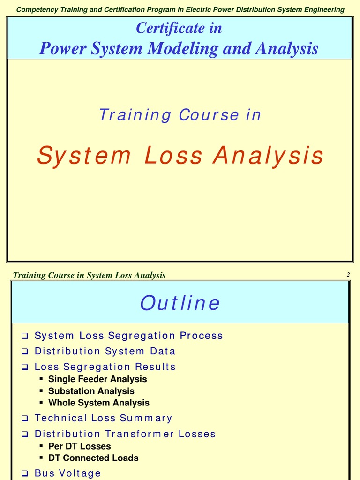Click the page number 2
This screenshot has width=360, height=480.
[348, 275]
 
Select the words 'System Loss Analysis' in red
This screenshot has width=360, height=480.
[180, 156]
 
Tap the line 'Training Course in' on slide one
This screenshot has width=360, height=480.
[180, 115]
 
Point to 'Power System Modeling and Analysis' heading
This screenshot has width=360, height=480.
[179, 48]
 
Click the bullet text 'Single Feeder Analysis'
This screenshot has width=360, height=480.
[97, 379]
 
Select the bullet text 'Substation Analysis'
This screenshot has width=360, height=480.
[91, 391]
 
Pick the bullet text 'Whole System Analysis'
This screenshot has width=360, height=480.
[98, 403]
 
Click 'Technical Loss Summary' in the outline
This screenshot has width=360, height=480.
[103, 418]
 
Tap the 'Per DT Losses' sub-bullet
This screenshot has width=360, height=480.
[79, 446]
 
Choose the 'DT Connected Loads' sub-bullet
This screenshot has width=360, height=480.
[93, 458]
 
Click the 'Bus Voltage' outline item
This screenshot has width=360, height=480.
[67, 473]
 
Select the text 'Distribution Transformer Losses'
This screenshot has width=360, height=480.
[125, 434]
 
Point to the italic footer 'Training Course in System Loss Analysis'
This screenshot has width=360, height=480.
[89, 275]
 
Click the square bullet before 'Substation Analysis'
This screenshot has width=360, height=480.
[41, 390]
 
